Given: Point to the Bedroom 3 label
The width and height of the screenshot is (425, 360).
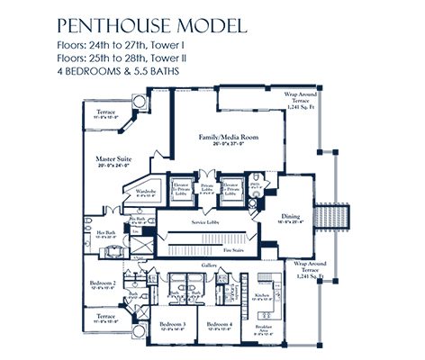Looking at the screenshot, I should (x=171, y=325).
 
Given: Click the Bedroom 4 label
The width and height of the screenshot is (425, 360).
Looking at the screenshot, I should (x=218, y=325).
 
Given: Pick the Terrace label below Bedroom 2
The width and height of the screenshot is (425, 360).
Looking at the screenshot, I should (x=105, y=317).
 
